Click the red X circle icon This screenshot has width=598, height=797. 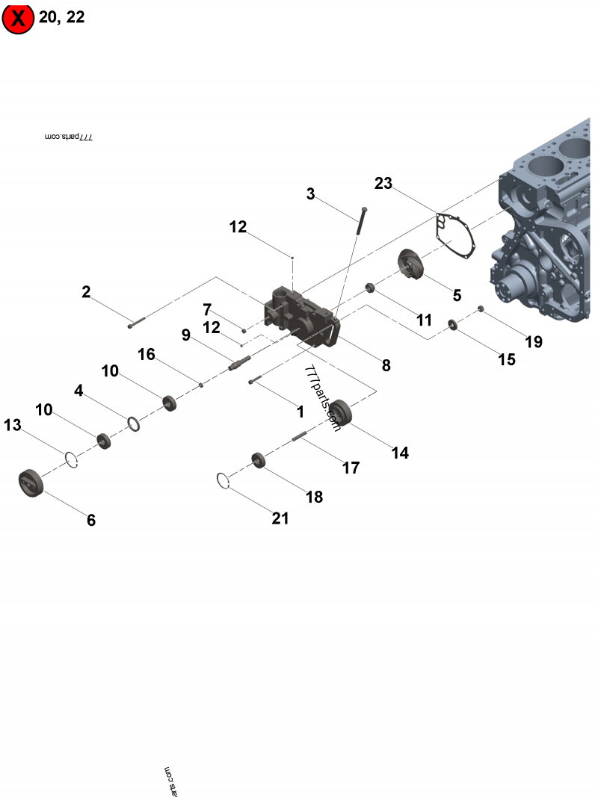click(19, 19)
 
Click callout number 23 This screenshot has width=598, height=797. click(383, 183)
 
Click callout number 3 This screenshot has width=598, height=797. click(310, 194)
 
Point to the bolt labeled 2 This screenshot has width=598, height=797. click(135, 322)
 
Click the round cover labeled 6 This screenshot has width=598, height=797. click(31, 481)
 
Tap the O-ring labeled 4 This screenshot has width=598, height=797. click(134, 424)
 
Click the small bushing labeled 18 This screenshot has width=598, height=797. click(259, 459)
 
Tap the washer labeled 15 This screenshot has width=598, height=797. click(452, 324)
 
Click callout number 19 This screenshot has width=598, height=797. click(533, 342)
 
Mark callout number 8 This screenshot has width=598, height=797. click(386, 365)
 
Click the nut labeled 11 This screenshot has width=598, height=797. click(369, 288)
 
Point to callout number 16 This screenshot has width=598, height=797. click(147, 353)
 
